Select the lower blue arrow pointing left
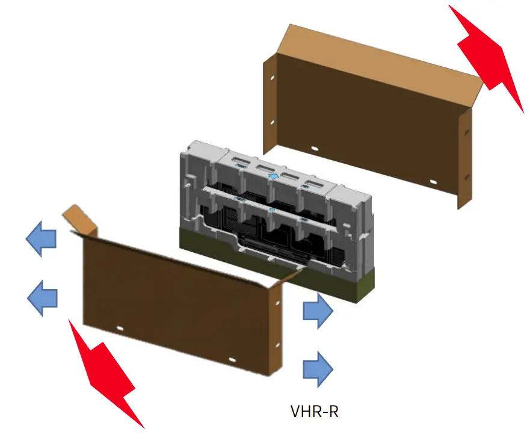(43, 297)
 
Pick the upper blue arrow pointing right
(317, 311)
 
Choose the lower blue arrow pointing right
(317, 367)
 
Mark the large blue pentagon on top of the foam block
(274, 175)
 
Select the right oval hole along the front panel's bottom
(232, 359)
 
